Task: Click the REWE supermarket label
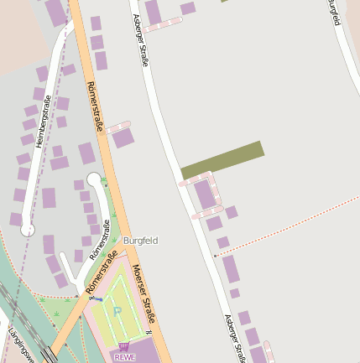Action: [123, 356]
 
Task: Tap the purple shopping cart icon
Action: [124, 346]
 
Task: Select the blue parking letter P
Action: [117, 311]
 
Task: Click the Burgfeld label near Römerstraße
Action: [140, 241]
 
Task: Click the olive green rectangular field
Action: [222, 159]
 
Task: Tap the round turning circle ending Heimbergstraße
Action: [27, 228]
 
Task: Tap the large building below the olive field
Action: [205, 194]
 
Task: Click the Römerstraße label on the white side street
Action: [100, 240]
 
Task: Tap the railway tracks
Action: [25, 323]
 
